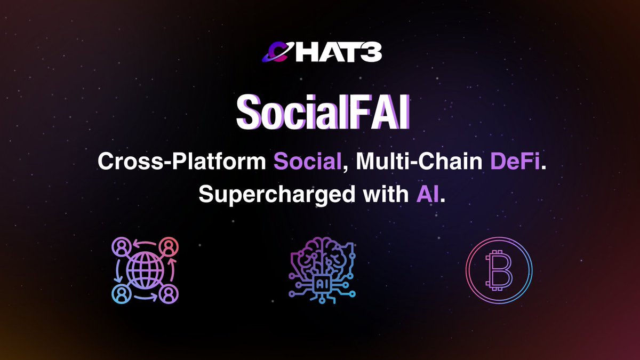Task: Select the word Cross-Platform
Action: [181, 162]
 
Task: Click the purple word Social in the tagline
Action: [308, 162]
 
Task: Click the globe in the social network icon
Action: [145, 270]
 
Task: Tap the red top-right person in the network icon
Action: [169, 246]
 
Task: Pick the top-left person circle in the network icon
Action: [121, 246]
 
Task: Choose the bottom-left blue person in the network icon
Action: [121, 294]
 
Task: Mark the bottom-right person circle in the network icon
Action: [169, 294]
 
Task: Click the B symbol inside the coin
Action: [500, 270]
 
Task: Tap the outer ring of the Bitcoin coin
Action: [468, 270]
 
